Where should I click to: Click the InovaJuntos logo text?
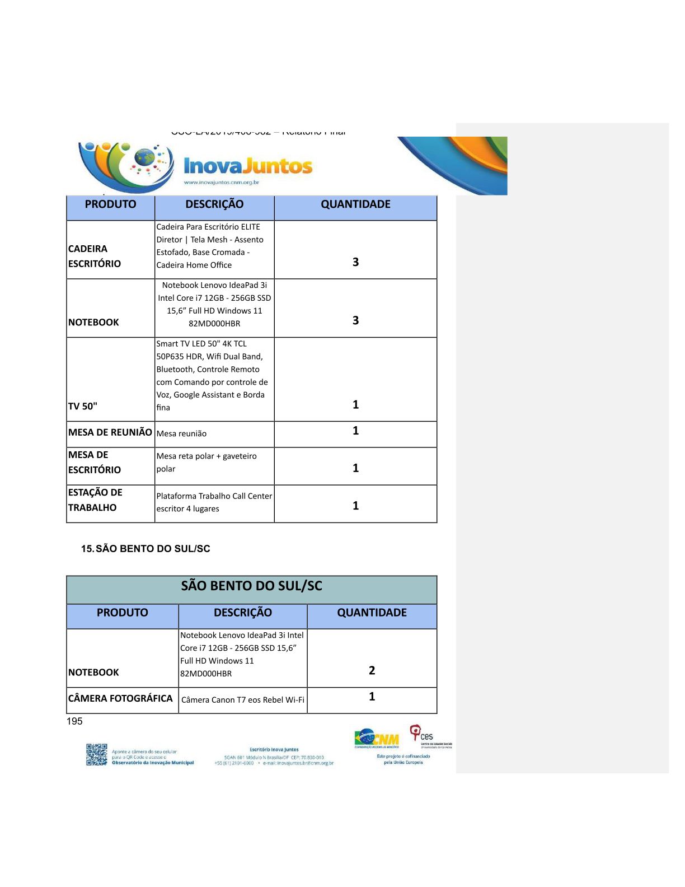pyautogui.click(x=248, y=166)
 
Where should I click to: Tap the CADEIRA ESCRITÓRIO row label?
pyautogui.click(x=94, y=256)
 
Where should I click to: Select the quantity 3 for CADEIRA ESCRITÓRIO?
pyautogui.click(x=355, y=262)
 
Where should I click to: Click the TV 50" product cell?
pyautogui.click(x=83, y=406)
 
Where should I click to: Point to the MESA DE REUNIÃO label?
pyautogui.click(x=110, y=432)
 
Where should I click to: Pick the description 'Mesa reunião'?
pyautogui.click(x=181, y=433)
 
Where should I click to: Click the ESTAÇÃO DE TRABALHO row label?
pyautogui.click(x=95, y=499)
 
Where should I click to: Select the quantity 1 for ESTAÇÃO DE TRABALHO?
pyautogui.click(x=355, y=506)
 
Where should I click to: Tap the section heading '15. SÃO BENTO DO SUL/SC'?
pyautogui.click(x=146, y=549)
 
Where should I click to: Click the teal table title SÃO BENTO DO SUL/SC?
pyautogui.click(x=251, y=586)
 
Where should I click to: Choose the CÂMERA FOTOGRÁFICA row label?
pyautogui.click(x=120, y=698)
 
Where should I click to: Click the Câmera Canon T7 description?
pyautogui.click(x=243, y=700)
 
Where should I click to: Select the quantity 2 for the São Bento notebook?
pyautogui.click(x=372, y=670)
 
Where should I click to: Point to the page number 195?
pyautogui.click(x=74, y=721)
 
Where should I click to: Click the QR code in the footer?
pyautogui.click(x=96, y=754)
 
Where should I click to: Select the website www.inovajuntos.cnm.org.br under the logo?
pyautogui.click(x=221, y=183)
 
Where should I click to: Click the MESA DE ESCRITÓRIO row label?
pyautogui.click(x=94, y=462)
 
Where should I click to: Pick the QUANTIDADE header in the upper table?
pyautogui.click(x=355, y=204)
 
